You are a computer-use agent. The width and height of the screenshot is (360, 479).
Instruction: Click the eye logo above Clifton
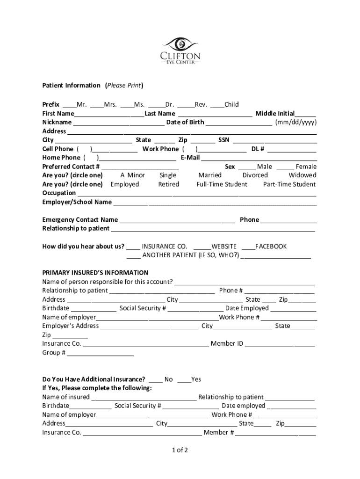click(180, 44)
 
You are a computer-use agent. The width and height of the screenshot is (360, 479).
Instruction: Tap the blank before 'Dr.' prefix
click(158, 105)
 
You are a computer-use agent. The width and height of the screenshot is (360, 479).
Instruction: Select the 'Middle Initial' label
click(274, 114)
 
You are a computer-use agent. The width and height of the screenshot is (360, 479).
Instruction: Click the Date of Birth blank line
click(239, 123)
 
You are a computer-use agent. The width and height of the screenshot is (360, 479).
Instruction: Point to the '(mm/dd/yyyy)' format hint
click(295, 123)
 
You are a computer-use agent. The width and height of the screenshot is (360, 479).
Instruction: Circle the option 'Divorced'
click(255, 175)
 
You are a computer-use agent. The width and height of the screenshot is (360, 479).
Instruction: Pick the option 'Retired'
click(168, 184)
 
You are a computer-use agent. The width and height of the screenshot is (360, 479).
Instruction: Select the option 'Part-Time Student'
click(289, 184)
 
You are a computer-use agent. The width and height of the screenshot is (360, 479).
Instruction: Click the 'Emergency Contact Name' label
click(80, 220)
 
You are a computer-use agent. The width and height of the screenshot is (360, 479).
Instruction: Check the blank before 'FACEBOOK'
click(248, 247)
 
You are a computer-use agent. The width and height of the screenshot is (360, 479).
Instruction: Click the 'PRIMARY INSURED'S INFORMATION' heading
click(95, 273)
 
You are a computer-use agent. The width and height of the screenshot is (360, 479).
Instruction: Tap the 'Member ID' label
click(227, 344)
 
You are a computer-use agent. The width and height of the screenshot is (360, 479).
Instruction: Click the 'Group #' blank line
click(101, 353)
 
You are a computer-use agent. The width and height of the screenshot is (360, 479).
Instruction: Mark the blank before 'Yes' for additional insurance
click(184, 380)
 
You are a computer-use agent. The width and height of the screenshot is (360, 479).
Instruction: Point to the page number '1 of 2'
click(180, 450)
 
